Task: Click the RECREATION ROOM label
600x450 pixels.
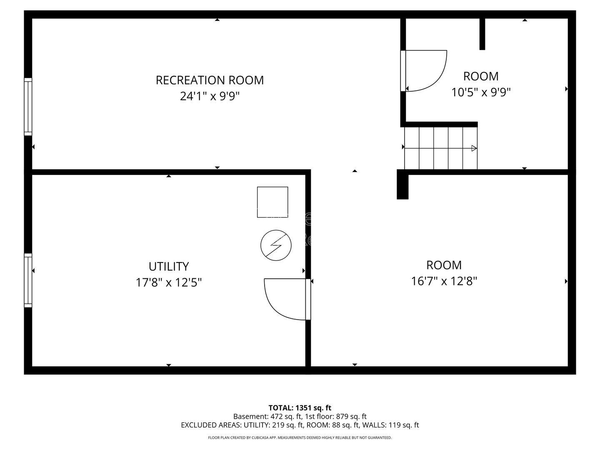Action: [210, 80]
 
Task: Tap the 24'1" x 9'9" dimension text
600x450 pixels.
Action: [210, 96]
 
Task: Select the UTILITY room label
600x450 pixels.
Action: [169, 266]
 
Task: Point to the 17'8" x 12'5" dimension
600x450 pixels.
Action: [169, 282]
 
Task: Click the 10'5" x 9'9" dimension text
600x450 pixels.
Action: [481, 92]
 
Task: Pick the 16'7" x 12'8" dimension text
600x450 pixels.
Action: [444, 281]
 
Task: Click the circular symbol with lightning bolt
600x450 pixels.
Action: [276, 245]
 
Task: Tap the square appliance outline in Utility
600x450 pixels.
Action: [272, 202]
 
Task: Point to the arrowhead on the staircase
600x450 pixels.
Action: [474, 148]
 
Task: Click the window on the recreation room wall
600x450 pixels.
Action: [28, 107]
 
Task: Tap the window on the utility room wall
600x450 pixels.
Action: [28, 280]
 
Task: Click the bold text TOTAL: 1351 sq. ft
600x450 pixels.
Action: [300, 408]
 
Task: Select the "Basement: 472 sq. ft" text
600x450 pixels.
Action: [267, 416]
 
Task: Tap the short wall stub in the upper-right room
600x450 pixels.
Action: [482, 34]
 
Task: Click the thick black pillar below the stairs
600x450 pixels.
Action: [402, 185]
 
